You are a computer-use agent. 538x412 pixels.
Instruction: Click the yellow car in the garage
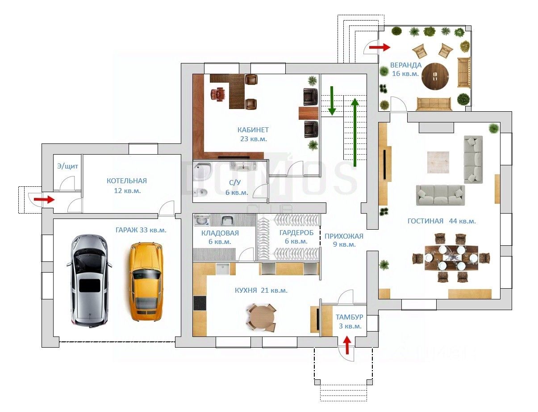146,282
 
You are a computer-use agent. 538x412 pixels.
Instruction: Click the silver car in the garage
89,281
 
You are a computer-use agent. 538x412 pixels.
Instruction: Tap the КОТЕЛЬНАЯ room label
127,181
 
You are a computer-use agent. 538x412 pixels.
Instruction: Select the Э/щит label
68,166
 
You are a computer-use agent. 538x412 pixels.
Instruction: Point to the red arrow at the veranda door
380,47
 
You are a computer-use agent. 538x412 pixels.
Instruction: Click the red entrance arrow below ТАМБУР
347,345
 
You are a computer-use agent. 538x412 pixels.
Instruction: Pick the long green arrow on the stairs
355,132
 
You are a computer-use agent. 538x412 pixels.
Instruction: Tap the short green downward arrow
332,101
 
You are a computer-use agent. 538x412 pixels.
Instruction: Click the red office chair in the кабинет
218,94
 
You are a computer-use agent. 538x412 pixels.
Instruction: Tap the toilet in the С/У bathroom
200,192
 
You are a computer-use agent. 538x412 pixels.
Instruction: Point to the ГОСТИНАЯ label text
425,221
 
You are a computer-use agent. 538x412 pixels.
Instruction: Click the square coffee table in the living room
438,162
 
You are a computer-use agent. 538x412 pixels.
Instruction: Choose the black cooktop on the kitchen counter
200,303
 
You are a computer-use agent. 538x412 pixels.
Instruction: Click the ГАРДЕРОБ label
296,232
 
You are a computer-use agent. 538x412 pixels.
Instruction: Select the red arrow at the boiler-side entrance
44,199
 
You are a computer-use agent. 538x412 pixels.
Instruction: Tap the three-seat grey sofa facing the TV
441,195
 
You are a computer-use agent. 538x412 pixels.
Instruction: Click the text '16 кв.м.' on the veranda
405,74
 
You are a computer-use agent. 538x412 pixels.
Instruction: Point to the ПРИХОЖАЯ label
344,236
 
